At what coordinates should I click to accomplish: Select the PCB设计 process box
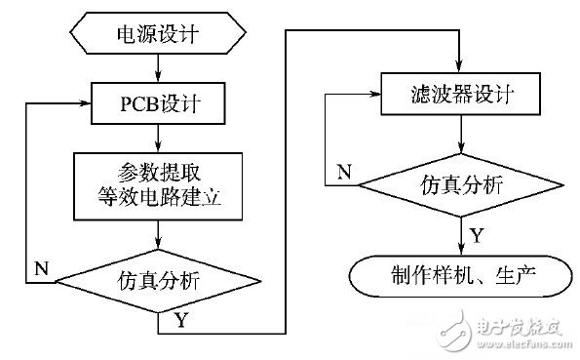point(158,100)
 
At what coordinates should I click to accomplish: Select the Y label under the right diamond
point(477,237)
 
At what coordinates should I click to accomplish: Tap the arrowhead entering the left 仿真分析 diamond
point(158,250)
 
